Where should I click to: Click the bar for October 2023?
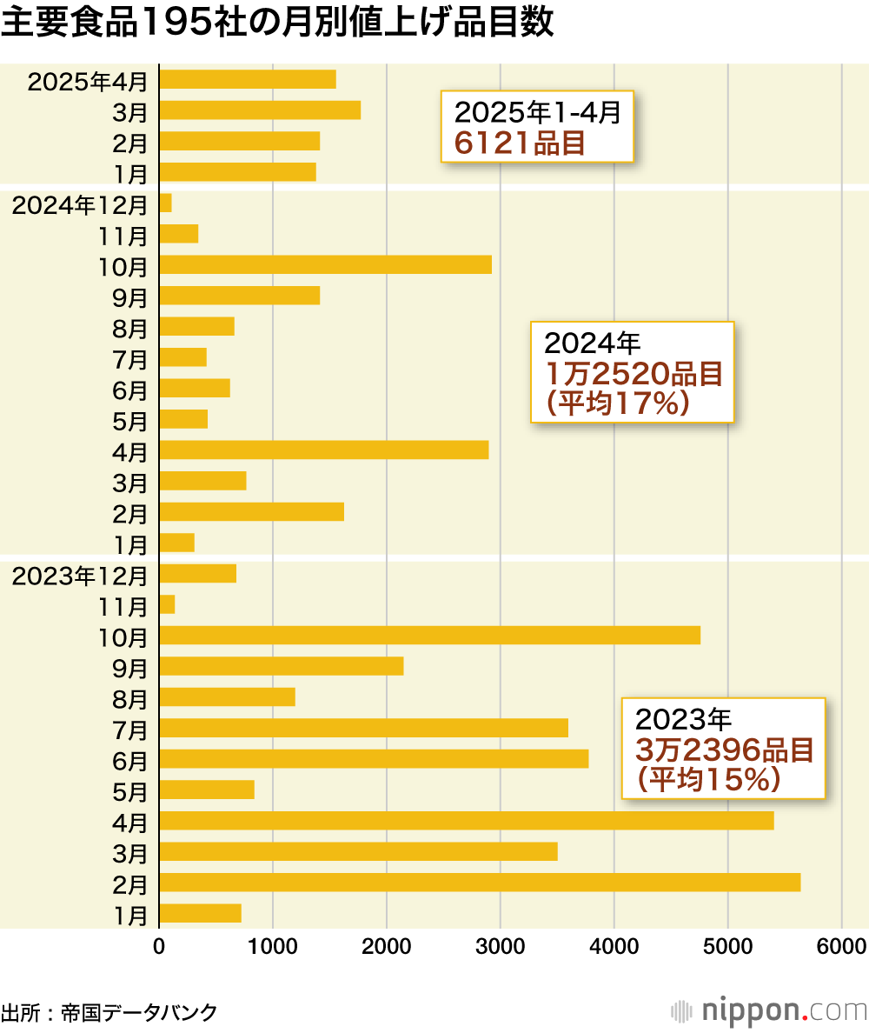(429, 636)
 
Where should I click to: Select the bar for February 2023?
(480, 883)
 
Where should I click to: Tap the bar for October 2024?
(325, 265)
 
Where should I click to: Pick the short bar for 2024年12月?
(166, 203)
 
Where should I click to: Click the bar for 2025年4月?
(248, 79)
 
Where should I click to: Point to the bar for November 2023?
(167, 604)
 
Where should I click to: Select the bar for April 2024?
(323, 450)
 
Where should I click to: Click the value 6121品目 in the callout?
(520, 142)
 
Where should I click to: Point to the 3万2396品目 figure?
(724, 750)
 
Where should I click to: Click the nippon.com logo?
(769, 1011)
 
